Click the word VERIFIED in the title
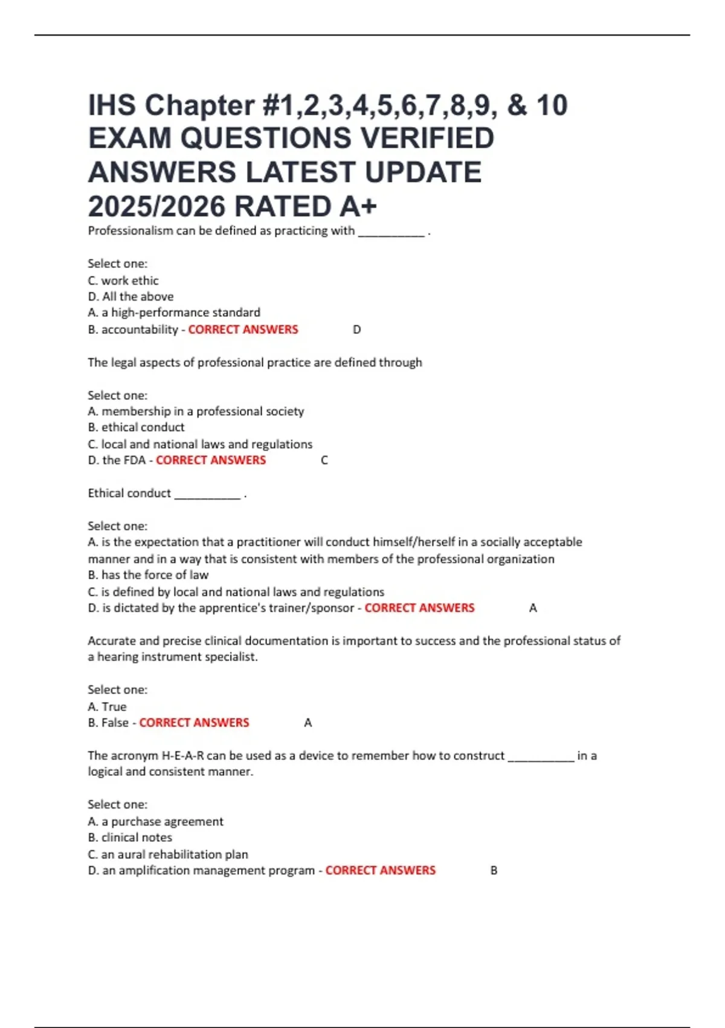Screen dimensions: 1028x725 [428, 138]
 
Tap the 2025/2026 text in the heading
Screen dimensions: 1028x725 [156, 207]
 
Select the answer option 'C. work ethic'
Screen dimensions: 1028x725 [123, 281]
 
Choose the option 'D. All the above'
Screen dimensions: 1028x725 [130, 296]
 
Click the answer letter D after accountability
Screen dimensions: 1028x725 [356, 330]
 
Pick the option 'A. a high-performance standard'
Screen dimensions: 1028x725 [174, 313]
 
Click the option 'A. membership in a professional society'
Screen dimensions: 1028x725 [196, 411]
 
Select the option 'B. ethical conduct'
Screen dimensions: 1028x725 [136, 427]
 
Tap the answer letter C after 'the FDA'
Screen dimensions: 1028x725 [324, 461]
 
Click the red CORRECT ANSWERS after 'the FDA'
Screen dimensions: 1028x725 [211, 460]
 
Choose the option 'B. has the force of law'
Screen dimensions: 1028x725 [148, 575]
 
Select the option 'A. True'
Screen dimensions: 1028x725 [107, 706]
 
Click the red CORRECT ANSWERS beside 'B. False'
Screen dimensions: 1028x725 [194, 723]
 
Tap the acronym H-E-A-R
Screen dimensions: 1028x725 [182, 756]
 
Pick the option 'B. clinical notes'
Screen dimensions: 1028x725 [130, 838]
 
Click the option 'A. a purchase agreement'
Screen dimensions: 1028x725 [155, 821]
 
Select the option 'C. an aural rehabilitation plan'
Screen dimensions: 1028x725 [168, 854]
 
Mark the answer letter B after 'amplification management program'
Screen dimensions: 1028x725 [494, 871]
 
